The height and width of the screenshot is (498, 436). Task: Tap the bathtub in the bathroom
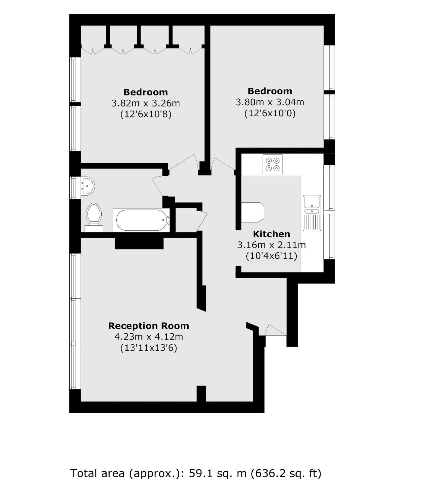[x=141, y=220]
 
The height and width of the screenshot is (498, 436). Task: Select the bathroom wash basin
[x=88, y=186]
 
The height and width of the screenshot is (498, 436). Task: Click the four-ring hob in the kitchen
[x=272, y=164]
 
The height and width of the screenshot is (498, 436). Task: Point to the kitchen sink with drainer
[x=312, y=213]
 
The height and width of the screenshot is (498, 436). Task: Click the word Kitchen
[x=272, y=234]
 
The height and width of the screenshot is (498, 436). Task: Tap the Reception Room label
[x=149, y=326]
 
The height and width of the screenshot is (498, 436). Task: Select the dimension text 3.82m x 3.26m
[x=146, y=103]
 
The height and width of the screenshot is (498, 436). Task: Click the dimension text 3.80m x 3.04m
[x=270, y=102]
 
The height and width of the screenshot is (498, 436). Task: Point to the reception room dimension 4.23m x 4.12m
[x=149, y=337]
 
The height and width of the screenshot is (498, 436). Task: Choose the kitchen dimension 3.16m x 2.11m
[x=272, y=245]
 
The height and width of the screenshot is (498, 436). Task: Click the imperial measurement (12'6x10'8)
[x=146, y=115]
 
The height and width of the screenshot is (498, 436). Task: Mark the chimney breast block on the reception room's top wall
[x=139, y=243]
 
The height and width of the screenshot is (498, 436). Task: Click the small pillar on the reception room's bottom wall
[x=201, y=393]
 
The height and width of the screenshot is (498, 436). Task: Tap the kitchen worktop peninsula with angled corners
[x=253, y=212]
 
